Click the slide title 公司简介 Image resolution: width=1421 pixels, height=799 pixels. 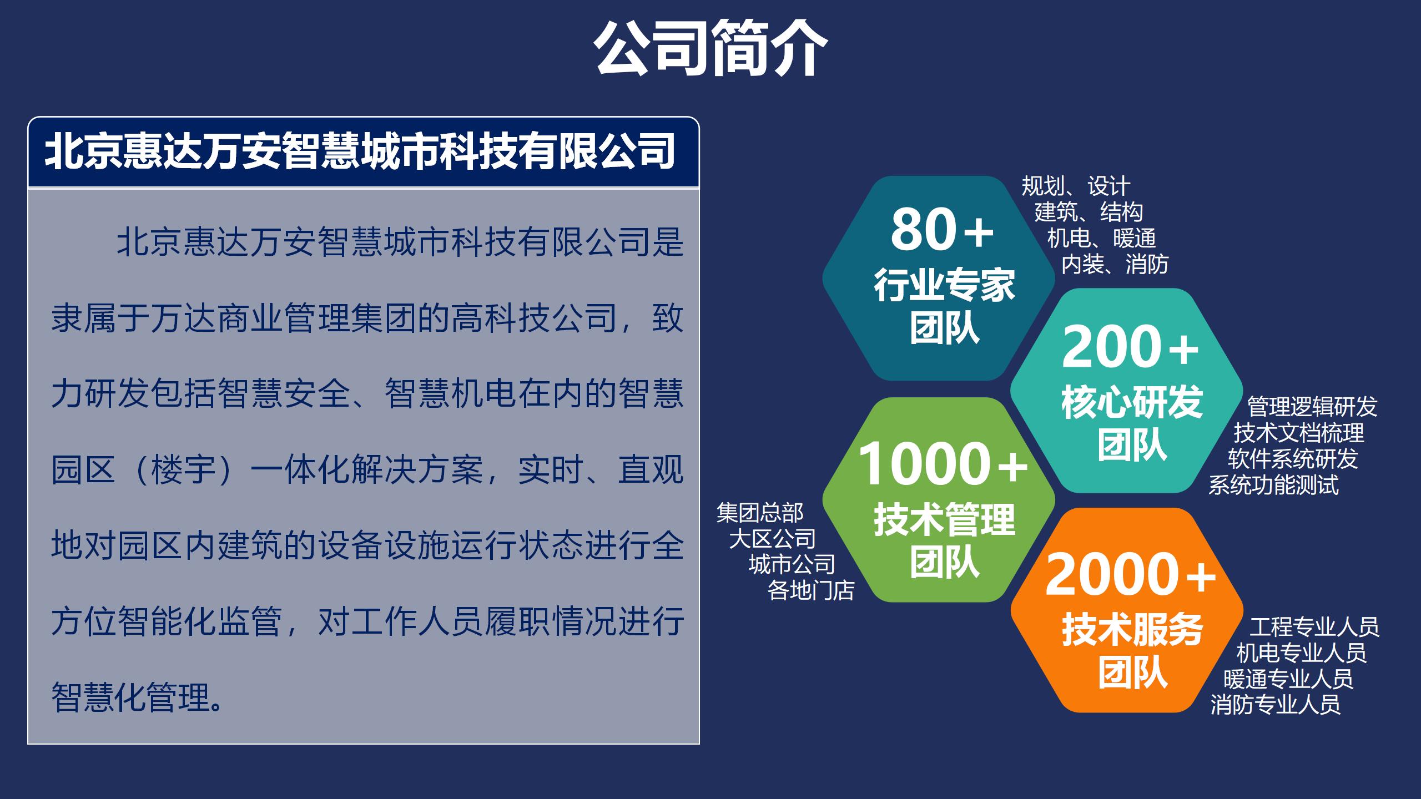(x=710, y=49)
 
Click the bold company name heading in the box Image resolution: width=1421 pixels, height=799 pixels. (x=360, y=151)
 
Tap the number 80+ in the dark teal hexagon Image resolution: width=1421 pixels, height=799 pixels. (x=942, y=229)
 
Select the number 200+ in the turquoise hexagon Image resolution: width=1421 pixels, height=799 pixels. (x=1130, y=347)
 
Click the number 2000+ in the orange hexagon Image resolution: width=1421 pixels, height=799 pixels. (x=1131, y=574)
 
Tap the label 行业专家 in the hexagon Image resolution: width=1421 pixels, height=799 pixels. (x=944, y=286)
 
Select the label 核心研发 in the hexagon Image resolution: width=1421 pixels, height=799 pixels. (x=1132, y=402)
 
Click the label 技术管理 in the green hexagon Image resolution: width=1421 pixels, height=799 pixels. (x=944, y=520)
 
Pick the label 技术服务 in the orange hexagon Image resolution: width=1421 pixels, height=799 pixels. (x=1132, y=630)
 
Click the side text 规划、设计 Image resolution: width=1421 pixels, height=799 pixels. (x=1076, y=186)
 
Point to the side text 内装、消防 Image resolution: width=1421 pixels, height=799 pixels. (x=1115, y=264)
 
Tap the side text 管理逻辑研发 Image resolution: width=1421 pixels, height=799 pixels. (x=1312, y=407)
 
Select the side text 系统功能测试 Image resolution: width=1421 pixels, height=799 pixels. (x=1273, y=485)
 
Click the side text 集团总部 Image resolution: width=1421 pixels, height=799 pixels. (x=760, y=513)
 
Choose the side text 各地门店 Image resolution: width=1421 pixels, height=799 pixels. (x=811, y=590)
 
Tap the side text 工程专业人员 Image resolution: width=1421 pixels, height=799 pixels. (x=1314, y=627)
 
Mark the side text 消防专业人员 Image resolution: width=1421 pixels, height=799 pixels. (x=1276, y=705)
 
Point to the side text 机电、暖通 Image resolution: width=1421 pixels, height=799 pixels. (x=1102, y=238)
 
